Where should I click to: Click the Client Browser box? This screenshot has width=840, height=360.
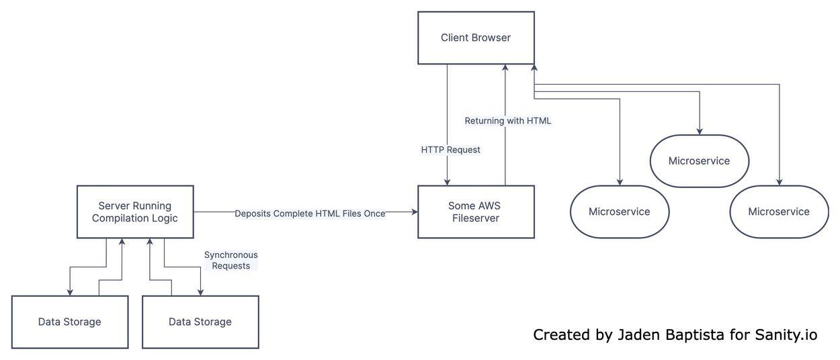(476, 38)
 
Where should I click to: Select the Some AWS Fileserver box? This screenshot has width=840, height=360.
(476, 212)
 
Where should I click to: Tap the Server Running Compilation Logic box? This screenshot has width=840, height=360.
(135, 212)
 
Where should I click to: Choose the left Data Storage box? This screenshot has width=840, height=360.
(69, 322)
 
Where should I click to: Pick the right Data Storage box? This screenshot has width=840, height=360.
(200, 322)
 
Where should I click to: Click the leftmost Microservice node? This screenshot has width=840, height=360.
(619, 212)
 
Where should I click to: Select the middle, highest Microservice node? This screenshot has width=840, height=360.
(699, 161)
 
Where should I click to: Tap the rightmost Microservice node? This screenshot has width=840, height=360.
(779, 212)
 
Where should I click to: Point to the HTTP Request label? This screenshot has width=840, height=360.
(450, 150)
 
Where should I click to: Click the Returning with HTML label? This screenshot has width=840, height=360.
(507, 121)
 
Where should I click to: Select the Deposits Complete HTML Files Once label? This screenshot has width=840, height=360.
(310, 214)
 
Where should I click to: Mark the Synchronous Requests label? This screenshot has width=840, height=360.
(230, 261)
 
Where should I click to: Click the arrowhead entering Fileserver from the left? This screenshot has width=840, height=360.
(414, 212)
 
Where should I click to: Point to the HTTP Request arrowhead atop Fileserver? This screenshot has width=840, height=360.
(448, 181)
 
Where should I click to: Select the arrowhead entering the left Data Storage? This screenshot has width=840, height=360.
(69, 292)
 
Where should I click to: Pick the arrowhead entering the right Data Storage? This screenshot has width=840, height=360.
(200, 292)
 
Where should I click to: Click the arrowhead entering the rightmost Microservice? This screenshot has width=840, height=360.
(780, 182)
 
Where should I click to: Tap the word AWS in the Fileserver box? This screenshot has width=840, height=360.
(490, 206)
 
